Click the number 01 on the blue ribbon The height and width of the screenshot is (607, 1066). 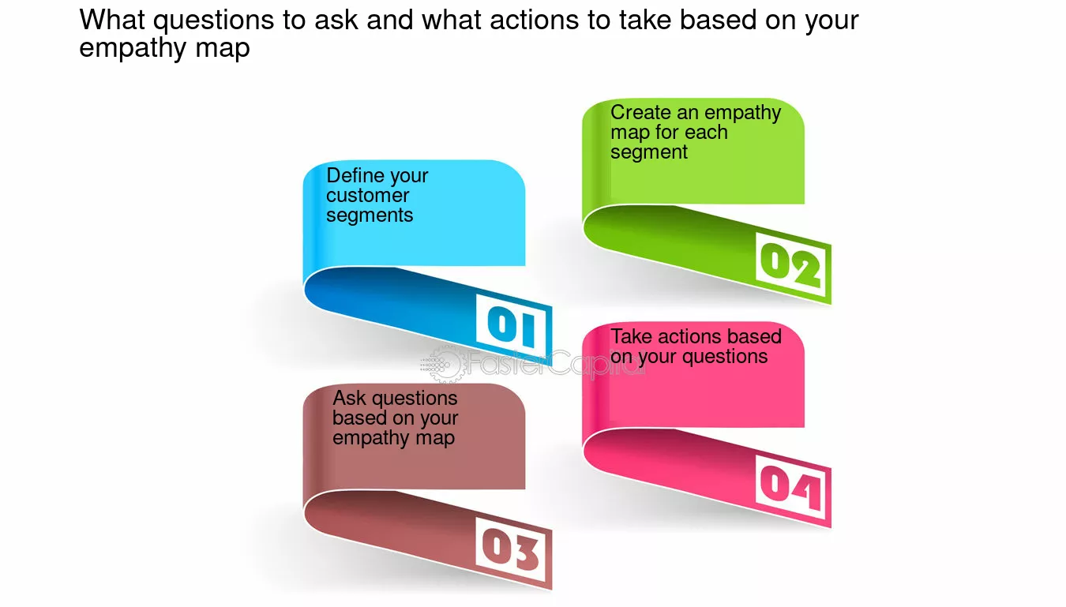tap(512, 326)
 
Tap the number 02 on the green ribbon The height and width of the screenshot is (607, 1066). tap(790, 265)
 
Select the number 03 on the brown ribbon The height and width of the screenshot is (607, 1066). tap(510, 550)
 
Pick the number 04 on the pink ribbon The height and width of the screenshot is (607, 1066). tap(790, 488)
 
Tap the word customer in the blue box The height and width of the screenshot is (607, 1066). tap(367, 196)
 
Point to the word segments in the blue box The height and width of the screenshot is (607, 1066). tap(370, 216)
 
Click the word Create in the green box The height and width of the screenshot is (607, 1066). tap(641, 113)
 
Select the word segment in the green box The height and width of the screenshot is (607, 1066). tap(648, 152)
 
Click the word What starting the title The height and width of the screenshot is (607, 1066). tap(112, 20)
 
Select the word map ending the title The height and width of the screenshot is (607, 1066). tap(222, 48)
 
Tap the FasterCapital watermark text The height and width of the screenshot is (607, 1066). tap(555, 363)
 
